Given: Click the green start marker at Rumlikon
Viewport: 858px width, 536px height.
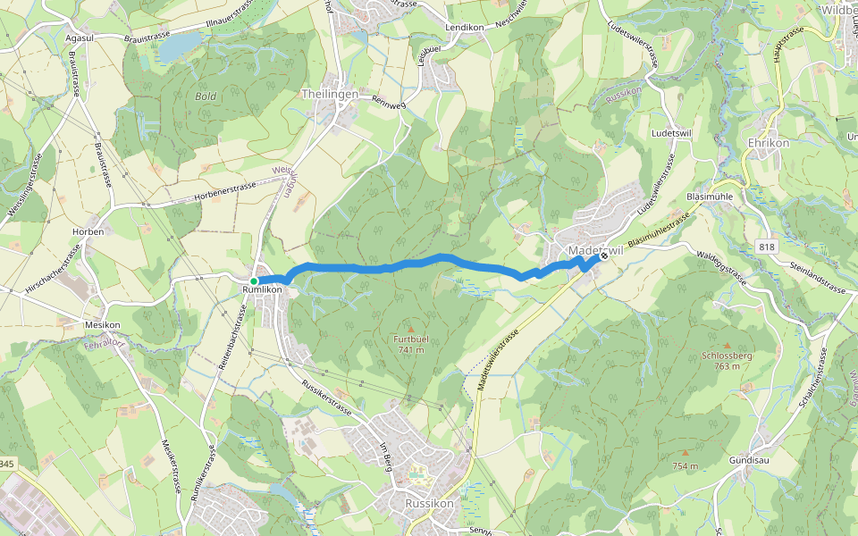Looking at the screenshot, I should pos(254,281).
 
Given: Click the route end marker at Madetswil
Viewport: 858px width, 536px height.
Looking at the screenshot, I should pos(604,255).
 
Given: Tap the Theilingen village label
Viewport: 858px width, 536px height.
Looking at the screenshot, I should pos(330,94).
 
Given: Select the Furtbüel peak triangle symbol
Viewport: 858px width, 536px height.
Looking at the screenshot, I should pos(411,328).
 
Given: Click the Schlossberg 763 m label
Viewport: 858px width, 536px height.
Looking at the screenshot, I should pos(727,360).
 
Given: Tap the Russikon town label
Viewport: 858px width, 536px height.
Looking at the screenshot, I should pos(429,503).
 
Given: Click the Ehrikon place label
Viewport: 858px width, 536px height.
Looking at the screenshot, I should pos(767,143).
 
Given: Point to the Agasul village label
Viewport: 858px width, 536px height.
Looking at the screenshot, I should pos(80,38).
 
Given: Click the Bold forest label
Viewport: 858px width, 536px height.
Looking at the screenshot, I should pos(206,96).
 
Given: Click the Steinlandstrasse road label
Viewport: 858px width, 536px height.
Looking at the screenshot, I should pos(817,278).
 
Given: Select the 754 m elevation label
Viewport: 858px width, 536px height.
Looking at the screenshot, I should pos(685,466).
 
